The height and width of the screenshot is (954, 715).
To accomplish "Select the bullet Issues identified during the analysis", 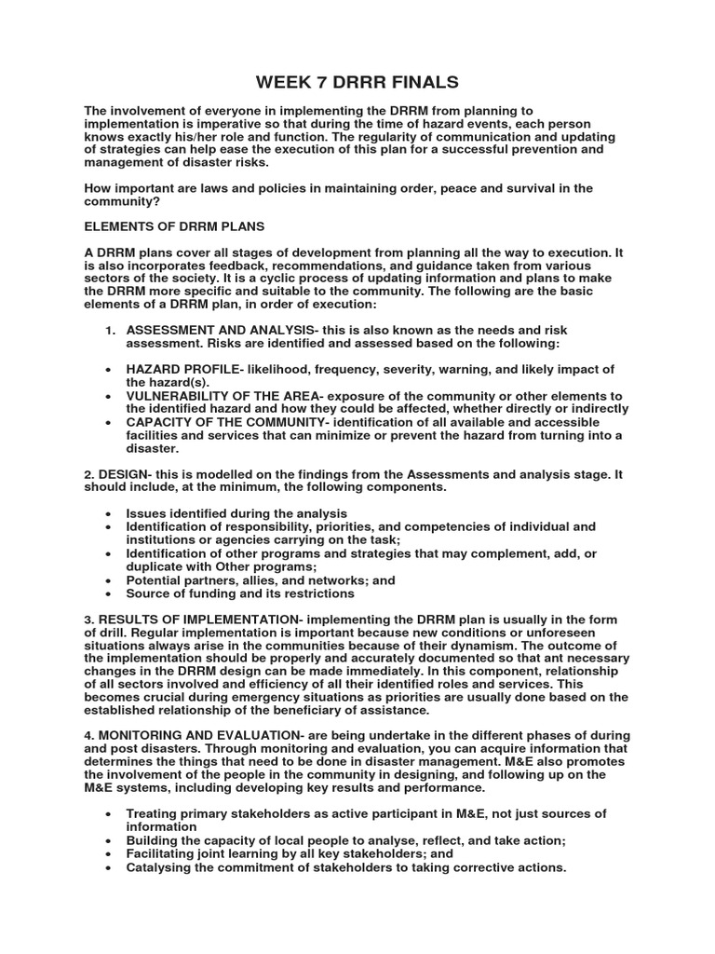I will pyautogui.click(x=236, y=513).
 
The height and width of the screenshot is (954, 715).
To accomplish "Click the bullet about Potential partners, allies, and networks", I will pyautogui.click(x=261, y=579).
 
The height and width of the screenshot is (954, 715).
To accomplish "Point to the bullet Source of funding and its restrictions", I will pyautogui.click(x=240, y=593).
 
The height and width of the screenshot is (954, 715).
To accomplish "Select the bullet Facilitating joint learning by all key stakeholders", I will pyautogui.click(x=290, y=853).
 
